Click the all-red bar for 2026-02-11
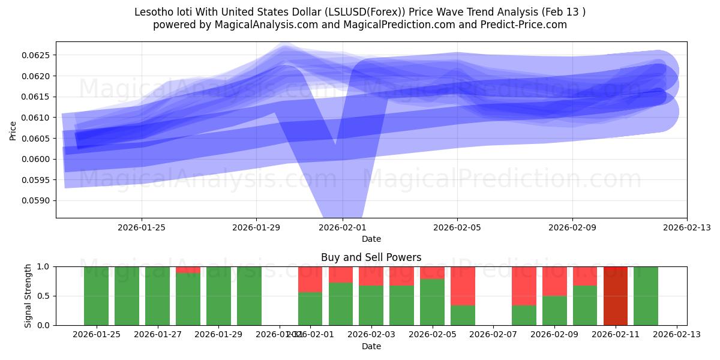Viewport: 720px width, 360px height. pos(615,296)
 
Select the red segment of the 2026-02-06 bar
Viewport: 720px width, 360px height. pos(463,286)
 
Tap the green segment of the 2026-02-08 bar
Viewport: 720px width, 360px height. pos(524,315)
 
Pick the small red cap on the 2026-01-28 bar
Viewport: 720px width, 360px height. pos(188,269)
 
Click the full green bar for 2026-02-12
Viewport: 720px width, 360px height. pos(646,296)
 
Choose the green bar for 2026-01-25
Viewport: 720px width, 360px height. pos(96,296)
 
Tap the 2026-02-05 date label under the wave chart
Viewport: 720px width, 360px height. pos(457,227)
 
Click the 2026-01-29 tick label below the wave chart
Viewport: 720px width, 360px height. pos(256,227)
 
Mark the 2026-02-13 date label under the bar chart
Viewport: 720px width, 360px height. pos(677,335)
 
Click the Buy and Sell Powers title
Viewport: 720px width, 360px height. pos(371,257)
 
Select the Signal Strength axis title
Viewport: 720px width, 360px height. pos(28,296)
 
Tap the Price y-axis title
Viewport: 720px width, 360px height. pos(13,130)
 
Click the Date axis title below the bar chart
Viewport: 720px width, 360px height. pos(371,346)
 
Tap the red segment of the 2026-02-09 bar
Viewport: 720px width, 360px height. pos(554,281)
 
